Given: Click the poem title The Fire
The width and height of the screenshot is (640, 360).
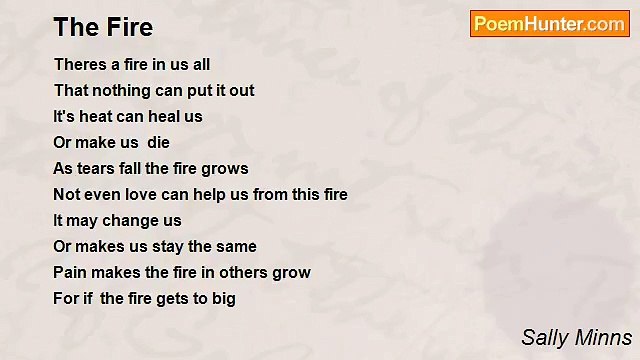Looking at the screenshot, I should (103, 27).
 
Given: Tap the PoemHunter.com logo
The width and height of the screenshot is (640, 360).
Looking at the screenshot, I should (549, 24).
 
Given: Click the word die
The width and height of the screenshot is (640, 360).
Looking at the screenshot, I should (158, 142).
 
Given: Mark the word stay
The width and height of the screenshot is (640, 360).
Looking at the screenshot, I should (165, 246).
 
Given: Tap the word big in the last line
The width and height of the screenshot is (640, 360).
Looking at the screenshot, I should (223, 299).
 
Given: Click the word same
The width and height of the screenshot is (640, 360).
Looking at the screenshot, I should (236, 246).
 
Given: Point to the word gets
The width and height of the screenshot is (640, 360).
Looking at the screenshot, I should (165, 298).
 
